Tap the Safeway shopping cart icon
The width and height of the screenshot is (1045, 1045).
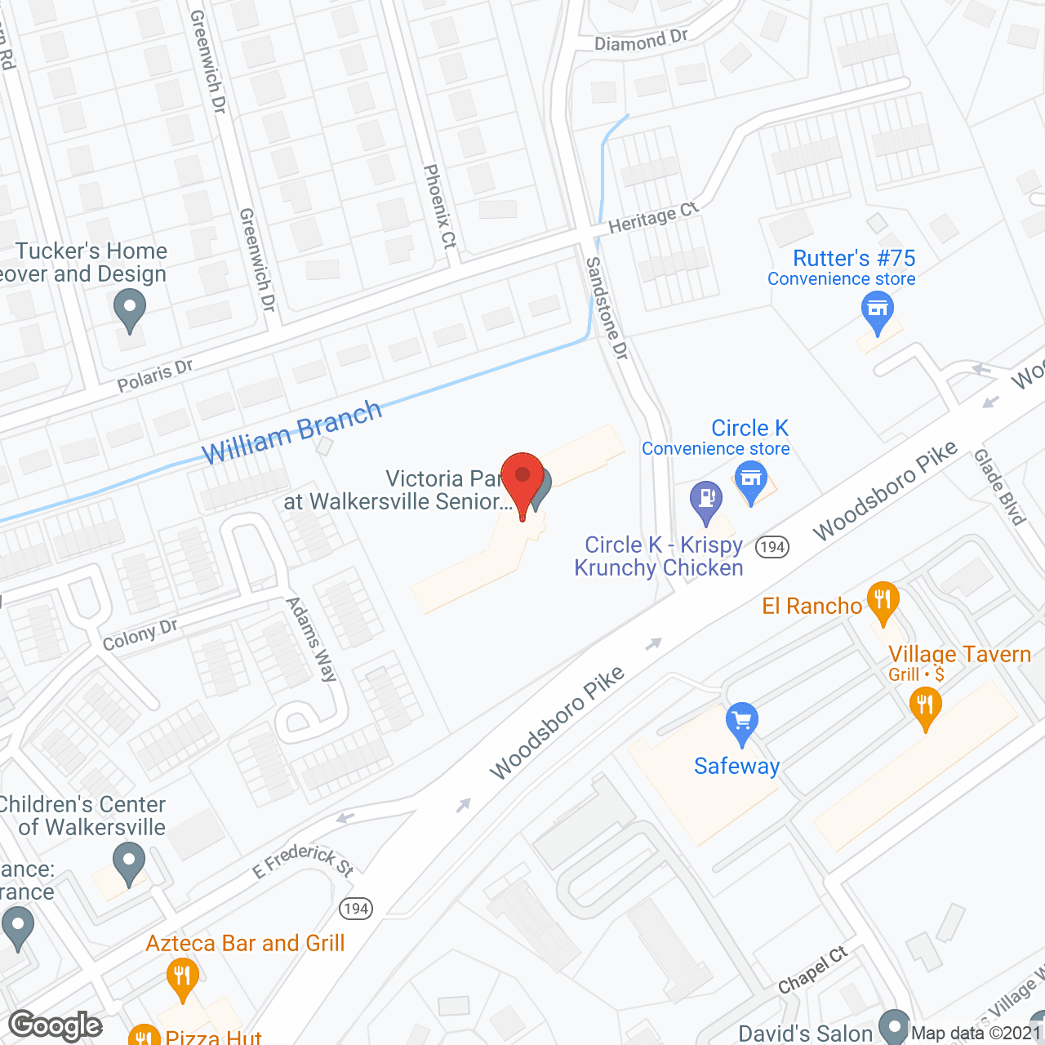[x=741, y=723]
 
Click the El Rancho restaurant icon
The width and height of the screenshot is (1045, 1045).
[x=883, y=601]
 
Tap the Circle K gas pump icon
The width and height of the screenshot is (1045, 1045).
[x=706, y=500]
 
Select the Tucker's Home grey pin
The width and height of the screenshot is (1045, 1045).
[x=129, y=310]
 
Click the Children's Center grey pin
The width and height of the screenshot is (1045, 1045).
[x=129, y=862]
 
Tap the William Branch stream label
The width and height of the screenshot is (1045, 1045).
[x=291, y=432]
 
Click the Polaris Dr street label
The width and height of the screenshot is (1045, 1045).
[x=155, y=375]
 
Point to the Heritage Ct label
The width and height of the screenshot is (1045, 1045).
[x=654, y=217]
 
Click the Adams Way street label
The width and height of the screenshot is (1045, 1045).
[x=311, y=639]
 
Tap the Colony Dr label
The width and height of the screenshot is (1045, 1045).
[x=140, y=634]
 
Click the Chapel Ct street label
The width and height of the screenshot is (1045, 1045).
[x=813, y=970]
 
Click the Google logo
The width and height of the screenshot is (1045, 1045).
[x=56, y=1025]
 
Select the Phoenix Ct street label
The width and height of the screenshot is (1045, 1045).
[x=440, y=206]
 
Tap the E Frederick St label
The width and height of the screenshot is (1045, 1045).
[x=304, y=860]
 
